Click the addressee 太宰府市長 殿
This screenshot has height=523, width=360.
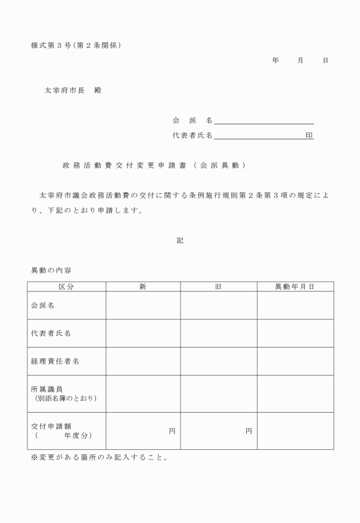tap(73, 90)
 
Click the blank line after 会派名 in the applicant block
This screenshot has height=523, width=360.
tap(263, 121)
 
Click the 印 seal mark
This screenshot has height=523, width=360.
tap(309, 135)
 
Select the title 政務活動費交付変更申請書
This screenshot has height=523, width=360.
tap(154, 166)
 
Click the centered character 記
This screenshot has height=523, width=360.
tap(180, 241)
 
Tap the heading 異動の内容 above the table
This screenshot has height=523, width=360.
tap(51, 270)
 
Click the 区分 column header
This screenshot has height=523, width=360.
tap(66, 286)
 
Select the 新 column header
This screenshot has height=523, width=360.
tap(143, 286)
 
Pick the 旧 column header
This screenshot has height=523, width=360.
tap(218, 286)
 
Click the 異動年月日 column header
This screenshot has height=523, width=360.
tap(295, 286)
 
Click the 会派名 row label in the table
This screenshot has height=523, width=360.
tap(43, 305)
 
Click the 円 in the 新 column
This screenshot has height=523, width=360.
tap(172, 431)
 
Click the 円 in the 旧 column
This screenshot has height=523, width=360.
tap(249, 431)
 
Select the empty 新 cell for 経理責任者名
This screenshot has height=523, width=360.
tap(143, 361)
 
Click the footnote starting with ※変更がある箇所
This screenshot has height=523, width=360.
tap(99, 458)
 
